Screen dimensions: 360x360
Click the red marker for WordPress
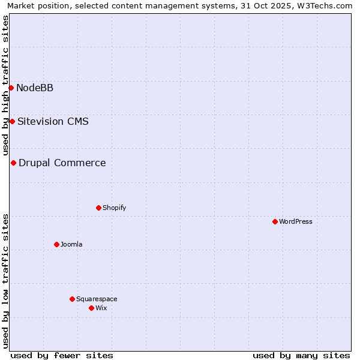[x=275, y=221]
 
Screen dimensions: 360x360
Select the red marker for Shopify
[x=98, y=208]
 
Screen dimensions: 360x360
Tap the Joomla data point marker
[x=56, y=244]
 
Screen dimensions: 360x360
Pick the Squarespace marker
[x=72, y=299]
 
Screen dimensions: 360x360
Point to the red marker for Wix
[x=91, y=308]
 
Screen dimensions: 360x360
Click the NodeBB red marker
[x=11, y=88]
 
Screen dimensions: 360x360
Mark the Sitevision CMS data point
[x=12, y=121]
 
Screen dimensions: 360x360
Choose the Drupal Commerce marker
[x=13, y=163]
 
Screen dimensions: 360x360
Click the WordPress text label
[x=296, y=221]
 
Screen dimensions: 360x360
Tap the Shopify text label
[x=114, y=208]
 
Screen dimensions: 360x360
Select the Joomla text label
[x=71, y=244]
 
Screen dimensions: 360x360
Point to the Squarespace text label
[x=97, y=299]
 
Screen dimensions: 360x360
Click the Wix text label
[x=101, y=308]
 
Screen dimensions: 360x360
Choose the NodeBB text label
[x=35, y=88]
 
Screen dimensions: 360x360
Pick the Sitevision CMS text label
[x=53, y=122]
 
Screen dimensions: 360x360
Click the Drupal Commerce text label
[x=62, y=163]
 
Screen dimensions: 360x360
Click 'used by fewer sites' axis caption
[x=62, y=355]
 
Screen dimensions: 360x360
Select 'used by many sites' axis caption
[x=301, y=355]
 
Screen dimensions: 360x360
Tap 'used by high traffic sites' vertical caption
[x=6, y=85]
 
